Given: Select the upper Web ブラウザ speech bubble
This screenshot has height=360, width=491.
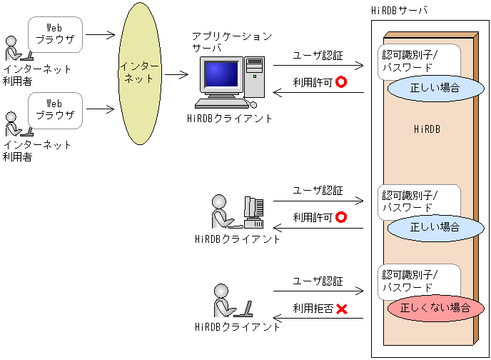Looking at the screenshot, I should point(55,33).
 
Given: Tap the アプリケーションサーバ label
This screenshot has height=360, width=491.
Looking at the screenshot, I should point(232,41).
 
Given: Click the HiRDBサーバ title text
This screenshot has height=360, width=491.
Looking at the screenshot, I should point(400,9).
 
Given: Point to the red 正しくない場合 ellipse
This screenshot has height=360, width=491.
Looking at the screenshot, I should point(429,309).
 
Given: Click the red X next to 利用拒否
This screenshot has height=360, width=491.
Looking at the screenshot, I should point(341,309).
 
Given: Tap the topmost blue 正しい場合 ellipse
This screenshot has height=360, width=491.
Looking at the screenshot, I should point(425,89).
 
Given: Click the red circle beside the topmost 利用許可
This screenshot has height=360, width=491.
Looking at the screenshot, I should point(340,82).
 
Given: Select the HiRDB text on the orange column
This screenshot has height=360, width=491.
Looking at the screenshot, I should point(427,129).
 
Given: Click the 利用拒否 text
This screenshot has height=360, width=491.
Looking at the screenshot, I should point(313,309).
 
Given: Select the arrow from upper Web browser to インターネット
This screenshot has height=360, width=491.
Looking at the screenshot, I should point(100,34).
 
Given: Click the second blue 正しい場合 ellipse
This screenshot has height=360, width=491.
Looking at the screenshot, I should point(435,227).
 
